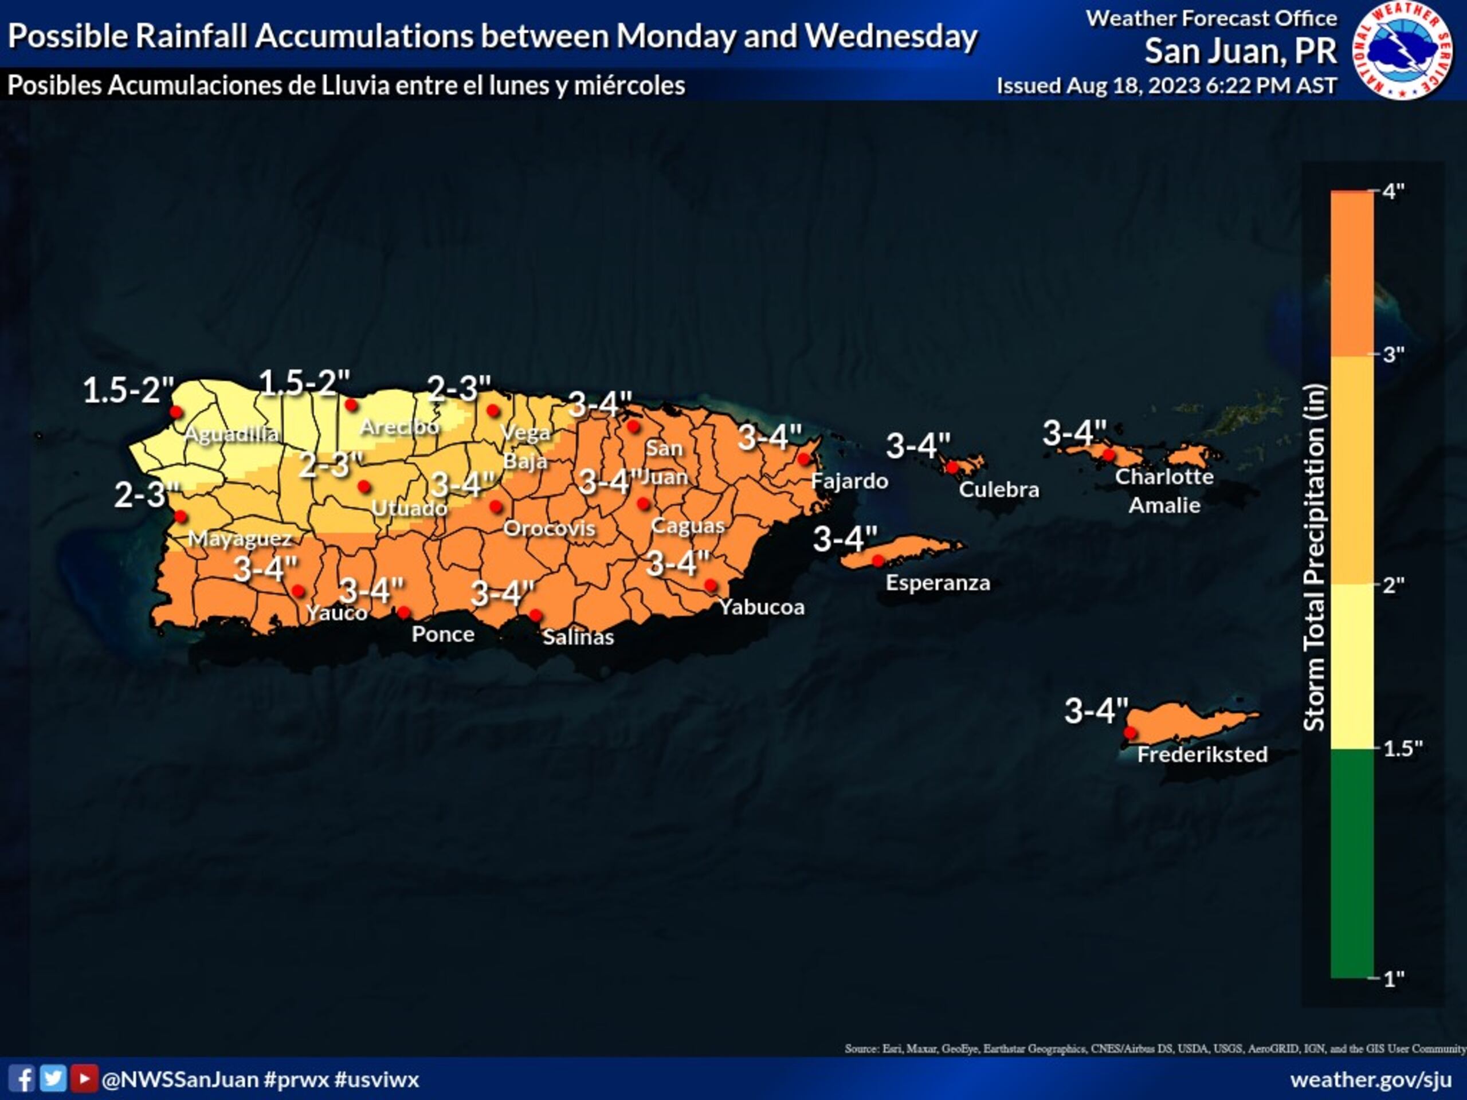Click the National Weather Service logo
pos(1403,50)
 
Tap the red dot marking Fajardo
pos(804,459)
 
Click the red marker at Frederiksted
pos(1130,733)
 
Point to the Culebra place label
pos(999,489)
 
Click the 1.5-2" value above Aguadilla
pos(128,391)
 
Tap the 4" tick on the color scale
pos(1393,191)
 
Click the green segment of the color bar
pos(1352,862)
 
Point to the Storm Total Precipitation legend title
pos(1315,557)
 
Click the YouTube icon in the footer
pos(84,1079)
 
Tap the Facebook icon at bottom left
pos(21,1079)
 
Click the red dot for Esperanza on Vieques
pos(877,561)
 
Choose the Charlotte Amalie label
pos(1164,490)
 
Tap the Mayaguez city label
pos(240,539)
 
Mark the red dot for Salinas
pos(535,615)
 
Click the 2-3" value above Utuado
pos(331,464)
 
